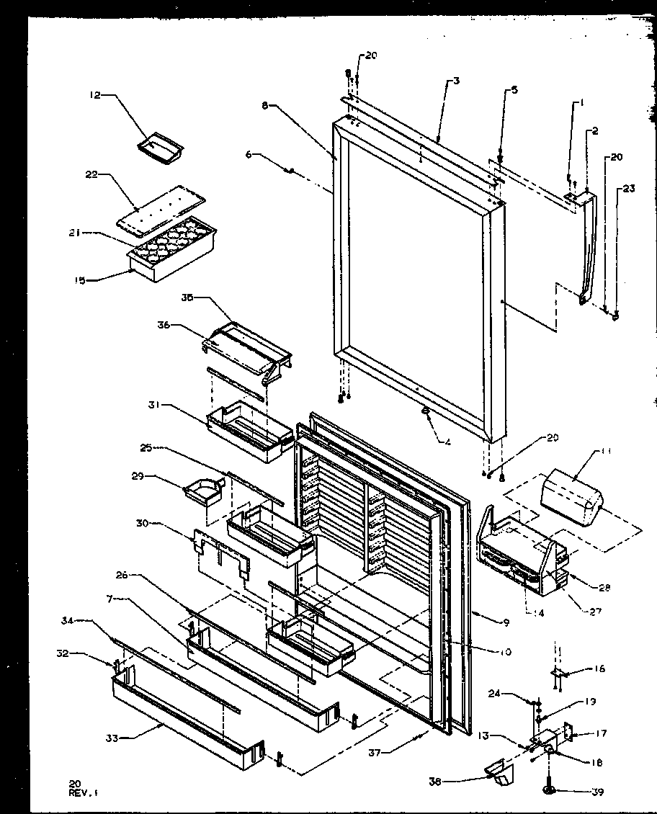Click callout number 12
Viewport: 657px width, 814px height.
94,94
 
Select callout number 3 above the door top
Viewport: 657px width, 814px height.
455,81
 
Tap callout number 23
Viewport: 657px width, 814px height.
629,189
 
